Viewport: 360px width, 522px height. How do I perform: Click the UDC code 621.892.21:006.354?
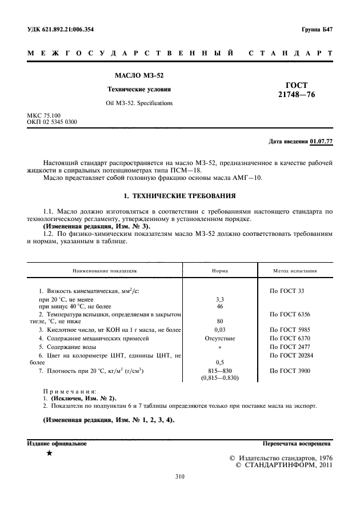pyautogui.click(x=62, y=29)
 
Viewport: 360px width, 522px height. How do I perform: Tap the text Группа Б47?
pyautogui.click(x=317, y=29)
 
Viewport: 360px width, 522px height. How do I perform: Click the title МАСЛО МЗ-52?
pyautogui.click(x=139, y=75)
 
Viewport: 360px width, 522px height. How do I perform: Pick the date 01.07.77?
pyautogui.click(x=322, y=141)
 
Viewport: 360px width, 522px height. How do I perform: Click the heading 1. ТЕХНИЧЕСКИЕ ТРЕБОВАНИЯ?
pyautogui.click(x=179, y=196)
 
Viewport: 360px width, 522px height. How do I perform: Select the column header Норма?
pyautogui.click(x=220, y=271)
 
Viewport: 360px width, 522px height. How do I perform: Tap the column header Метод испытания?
pyautogui.click(x=295, y=271)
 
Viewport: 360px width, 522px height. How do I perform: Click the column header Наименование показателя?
pyautogui.click(x=104, y=271)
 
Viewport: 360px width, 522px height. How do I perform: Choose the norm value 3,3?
pyautogui.click(x=220, y=299)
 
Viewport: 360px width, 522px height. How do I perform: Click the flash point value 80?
pyautogui.click(x=220, y=321)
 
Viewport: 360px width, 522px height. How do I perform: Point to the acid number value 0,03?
pyautogui.click(x=220, y=330)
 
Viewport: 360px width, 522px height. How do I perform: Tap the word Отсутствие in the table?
pyautogui.click(x=220, y=338)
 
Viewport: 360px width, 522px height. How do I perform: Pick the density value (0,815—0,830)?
pyautogui.click(x=220, y=378)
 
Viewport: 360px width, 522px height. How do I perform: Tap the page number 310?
pyautogui.click(x=179, y=477)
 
